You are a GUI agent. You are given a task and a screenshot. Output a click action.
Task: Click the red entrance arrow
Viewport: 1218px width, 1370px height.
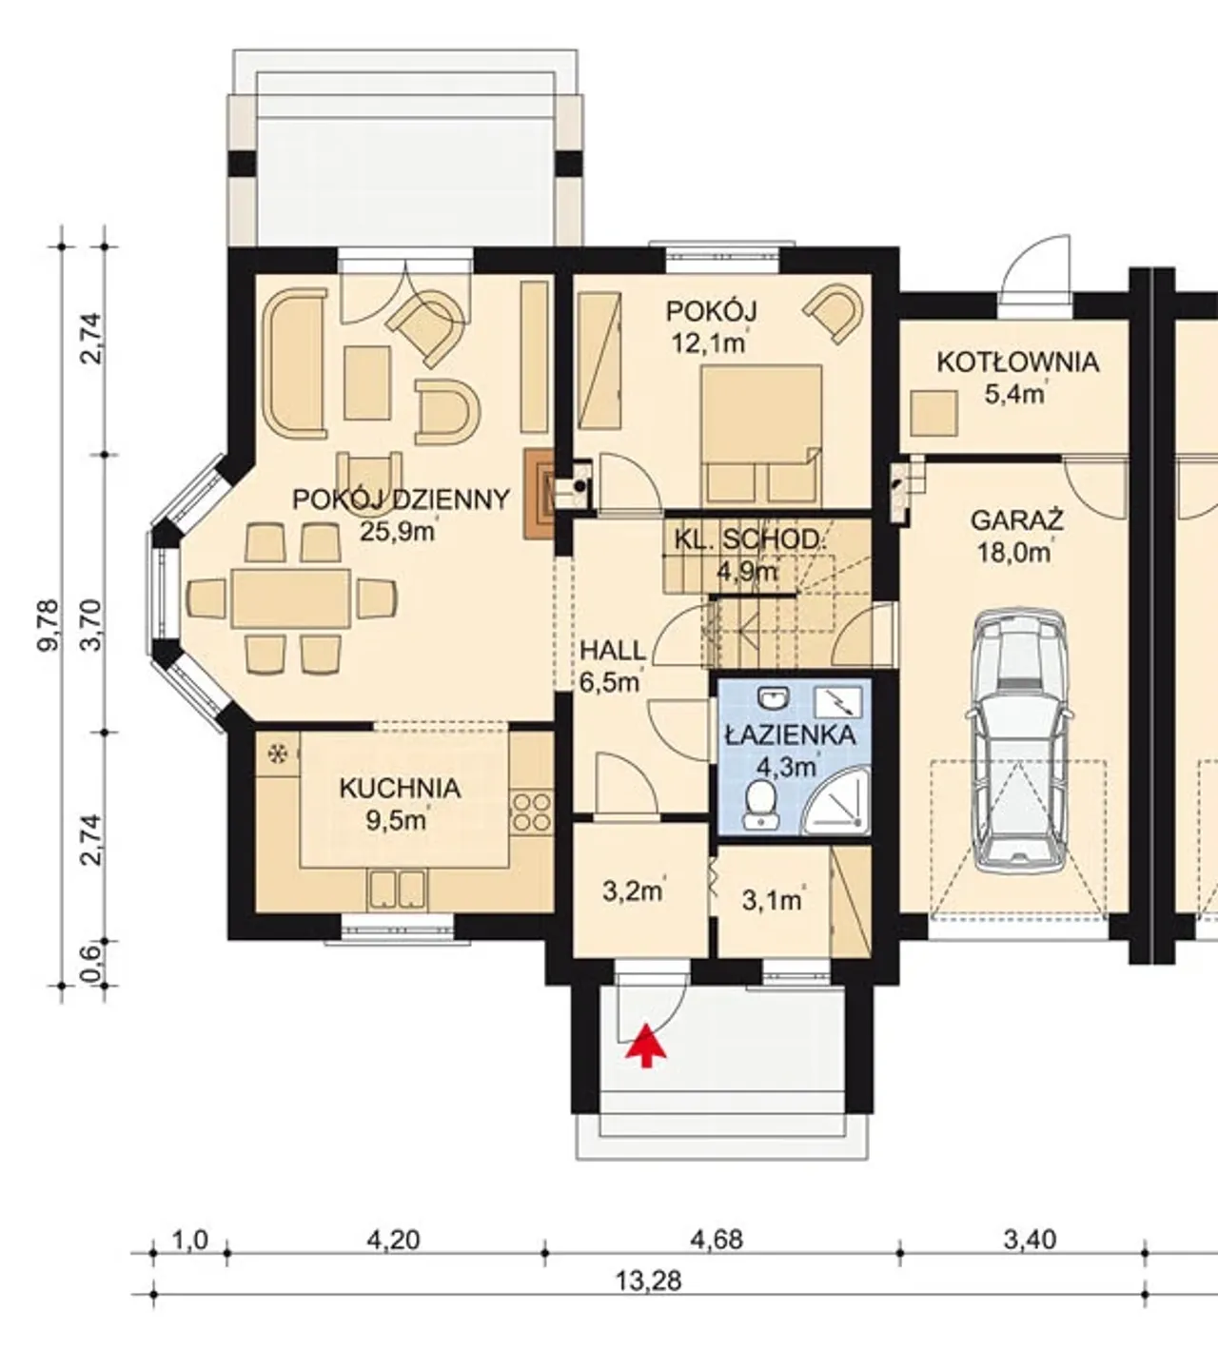pyautogui.click(x=646, y=1046)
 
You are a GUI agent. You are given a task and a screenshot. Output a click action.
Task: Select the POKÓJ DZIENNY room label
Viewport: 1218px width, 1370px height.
pyautogui.click(x=401, y=499)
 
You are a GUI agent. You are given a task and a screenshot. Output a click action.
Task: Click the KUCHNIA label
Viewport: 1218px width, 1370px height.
pyautogui.click(x=401, y=789)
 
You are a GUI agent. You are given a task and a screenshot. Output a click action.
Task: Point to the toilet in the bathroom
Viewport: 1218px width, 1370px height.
pyautogui.click(x=761, y=805)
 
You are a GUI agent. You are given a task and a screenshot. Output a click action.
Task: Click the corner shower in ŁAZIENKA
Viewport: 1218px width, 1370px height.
pyautogui.click(x=837, y=804)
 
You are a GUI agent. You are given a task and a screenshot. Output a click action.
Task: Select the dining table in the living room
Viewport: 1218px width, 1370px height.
pyautogui.click(x=291, y=598)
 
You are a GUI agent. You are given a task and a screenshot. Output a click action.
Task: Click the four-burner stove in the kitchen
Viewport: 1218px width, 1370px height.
pyautogui.click(x=532, y=812)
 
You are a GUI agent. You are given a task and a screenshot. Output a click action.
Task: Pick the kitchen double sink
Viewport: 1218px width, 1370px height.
pyautogui.click(x=398, y=890)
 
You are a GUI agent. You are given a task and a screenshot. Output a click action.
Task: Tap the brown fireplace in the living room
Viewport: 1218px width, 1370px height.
pyautogui.click(x=539, y=495)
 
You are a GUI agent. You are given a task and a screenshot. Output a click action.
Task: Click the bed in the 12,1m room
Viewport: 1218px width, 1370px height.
pyautogui.click(x=761, y=436)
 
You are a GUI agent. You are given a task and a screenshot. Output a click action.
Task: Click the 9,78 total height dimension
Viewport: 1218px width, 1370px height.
pyautogui.click(x=49, y=625)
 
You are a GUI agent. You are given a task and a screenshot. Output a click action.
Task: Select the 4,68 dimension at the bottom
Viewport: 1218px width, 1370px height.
pyautogui.click(x=717, y=1240)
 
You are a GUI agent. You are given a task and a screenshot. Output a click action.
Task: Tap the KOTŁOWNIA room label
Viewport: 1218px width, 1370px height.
pyautogui.click(x=1018, y=362)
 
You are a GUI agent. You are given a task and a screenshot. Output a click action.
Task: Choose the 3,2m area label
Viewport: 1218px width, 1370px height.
pyautogui.click(x=634, y=891)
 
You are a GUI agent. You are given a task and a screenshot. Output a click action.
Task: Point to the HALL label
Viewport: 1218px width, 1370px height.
pyautogui.click(x=613, y=651)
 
